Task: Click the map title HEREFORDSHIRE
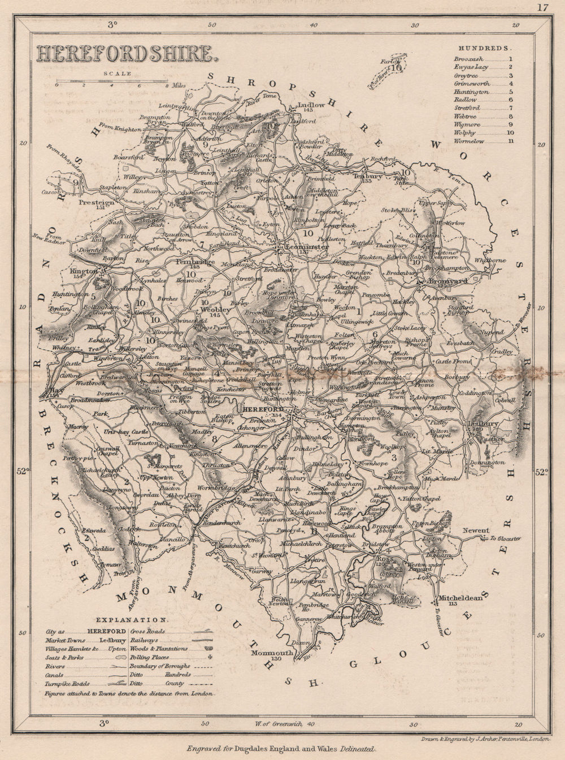[x=125, y=54]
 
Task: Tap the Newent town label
[x=475, y=531]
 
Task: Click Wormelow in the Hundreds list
[x=469, y=141]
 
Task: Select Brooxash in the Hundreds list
[x=468, y=58]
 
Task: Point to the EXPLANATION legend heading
[x=131, y=619]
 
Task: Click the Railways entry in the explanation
[x=143, y=640]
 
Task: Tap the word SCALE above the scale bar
[x=117, y=73]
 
